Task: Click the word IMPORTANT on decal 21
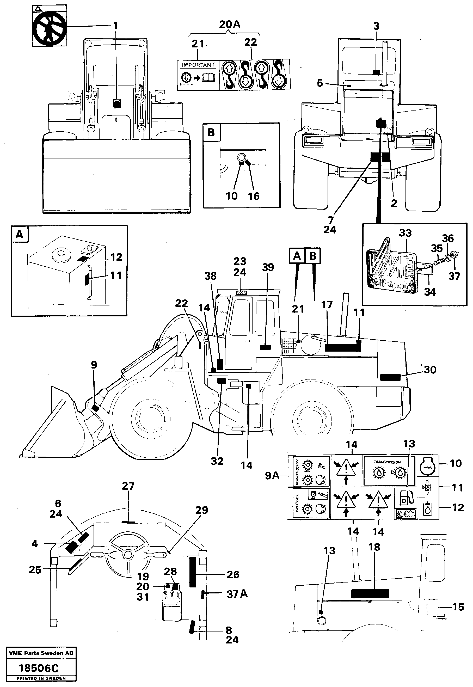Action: click(x=198, y=65)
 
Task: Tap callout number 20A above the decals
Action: click(x=229, y=24)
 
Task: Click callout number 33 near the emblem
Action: click(x=405, y=233)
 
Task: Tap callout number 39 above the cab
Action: click(x=268, y=267)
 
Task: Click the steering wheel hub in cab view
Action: click(x=128, y=555)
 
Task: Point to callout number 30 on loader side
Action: click(x=430, y=370)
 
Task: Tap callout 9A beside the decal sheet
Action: click(x=272, y=476)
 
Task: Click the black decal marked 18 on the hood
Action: click(x=370, y=594)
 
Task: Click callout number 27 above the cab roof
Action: click(x=128, y=486)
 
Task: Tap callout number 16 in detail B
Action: click(x=254, y=196)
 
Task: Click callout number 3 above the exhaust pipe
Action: click(x=376, y=26)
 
